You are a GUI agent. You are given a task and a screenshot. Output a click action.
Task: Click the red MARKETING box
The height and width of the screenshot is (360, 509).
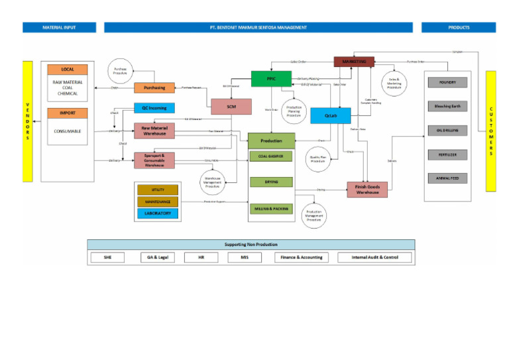[354, 61]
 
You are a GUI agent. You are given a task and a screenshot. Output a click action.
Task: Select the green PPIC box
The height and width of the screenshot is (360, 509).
[271, 78]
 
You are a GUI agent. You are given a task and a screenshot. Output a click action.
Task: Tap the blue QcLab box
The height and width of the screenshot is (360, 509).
[330, 115]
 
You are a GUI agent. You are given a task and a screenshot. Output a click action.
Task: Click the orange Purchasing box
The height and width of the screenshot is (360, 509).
[154, 88]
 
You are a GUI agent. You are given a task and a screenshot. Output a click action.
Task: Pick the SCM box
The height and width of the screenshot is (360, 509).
[231, 106]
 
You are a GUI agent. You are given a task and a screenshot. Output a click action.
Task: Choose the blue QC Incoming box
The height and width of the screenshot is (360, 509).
[154, 107]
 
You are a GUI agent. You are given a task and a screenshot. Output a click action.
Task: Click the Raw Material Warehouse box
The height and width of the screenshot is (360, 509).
[154, 130]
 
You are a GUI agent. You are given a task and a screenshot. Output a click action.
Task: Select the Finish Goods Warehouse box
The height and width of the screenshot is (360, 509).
[367, 190]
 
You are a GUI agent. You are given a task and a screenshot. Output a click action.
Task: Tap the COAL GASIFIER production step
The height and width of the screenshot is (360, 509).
[271, 156]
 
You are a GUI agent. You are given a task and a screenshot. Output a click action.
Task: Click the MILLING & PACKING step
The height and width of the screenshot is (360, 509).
[271, 208]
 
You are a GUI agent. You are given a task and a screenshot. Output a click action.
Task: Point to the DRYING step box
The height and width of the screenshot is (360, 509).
[271, 182]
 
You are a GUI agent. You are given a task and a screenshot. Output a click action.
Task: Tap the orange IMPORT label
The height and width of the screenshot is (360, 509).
[68, 113]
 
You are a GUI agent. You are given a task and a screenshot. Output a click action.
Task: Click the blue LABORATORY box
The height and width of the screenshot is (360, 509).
[158, 213]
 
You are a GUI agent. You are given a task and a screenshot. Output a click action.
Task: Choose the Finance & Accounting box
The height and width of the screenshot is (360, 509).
[302, 257]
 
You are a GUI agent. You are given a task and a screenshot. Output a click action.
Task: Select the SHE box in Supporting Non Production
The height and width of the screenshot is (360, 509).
[109, 257]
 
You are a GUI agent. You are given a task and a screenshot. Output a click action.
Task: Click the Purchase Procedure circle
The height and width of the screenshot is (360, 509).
[120, 71]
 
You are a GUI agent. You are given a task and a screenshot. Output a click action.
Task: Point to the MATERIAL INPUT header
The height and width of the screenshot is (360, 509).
[59, 27]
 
